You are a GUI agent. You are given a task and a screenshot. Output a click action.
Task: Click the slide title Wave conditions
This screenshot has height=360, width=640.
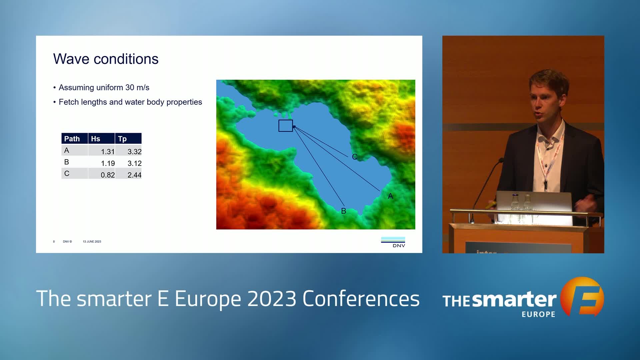(106, 59)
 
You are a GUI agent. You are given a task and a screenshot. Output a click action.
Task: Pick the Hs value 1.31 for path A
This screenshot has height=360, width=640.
(108, 152)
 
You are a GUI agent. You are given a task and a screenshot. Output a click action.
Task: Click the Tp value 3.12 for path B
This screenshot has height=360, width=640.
(134, 163)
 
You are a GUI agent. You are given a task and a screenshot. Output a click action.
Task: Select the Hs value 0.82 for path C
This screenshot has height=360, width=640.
(108, 175)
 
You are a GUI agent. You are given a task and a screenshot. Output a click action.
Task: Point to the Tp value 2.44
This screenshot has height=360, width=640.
(134, 175)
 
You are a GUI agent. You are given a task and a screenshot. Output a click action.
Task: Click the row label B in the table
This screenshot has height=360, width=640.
(67, 162)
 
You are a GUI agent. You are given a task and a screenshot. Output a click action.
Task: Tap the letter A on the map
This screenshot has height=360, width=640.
(390, 196)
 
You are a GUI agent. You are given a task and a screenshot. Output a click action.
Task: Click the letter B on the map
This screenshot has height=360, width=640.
(344, 211)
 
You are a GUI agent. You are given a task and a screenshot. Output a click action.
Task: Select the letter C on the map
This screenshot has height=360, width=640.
(355, 157)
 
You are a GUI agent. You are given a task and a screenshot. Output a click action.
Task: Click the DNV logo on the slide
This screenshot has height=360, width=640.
(393, 242)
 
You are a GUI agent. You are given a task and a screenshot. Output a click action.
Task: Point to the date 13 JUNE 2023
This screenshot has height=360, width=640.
(92, 242)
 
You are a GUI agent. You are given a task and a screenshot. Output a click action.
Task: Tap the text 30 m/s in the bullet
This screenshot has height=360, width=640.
(137, 88)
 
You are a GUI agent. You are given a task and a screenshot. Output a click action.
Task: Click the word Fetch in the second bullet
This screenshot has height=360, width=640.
(69, 102)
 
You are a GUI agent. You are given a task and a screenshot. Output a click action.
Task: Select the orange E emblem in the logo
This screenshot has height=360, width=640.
(583, 296)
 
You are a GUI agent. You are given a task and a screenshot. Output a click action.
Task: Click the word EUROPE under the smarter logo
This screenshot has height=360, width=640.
(538, 314)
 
